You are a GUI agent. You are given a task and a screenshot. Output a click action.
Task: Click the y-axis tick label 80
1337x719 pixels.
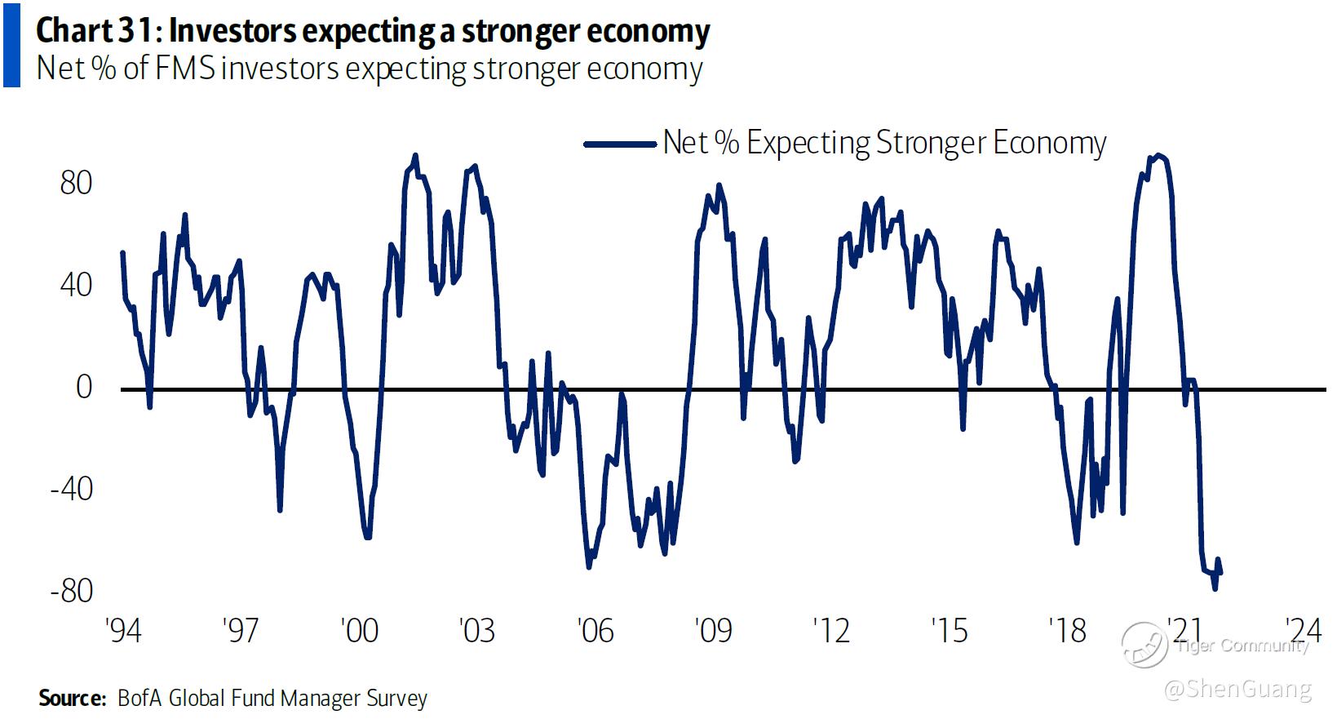point(76,183)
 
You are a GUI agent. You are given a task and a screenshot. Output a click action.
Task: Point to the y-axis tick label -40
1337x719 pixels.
point(71,490)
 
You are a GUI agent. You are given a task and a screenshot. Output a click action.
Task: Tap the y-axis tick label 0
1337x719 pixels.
point(84,387)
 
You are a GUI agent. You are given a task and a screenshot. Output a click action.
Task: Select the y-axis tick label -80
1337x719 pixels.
point(71,591)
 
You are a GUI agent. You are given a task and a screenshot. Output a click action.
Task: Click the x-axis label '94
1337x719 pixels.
point(123,630)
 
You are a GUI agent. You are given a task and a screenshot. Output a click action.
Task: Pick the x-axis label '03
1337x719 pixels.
point(476,630)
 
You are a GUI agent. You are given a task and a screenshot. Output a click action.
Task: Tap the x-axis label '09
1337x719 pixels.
point(713,630)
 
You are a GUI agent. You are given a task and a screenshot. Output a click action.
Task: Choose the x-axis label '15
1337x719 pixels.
point(949,630)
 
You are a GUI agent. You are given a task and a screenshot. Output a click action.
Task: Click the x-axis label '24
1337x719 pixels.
point(1302,630)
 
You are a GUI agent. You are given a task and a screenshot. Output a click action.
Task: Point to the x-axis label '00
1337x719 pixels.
point(358,630)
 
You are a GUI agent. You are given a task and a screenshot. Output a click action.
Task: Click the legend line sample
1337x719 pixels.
point(620,144)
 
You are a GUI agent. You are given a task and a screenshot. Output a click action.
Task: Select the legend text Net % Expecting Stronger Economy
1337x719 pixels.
point(884,143)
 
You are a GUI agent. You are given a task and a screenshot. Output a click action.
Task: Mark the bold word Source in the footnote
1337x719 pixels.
point(72,699)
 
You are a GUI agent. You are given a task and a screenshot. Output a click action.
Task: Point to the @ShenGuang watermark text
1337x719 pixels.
point(1237,690)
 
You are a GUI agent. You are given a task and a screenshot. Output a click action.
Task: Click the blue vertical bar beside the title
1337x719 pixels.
point(11,44)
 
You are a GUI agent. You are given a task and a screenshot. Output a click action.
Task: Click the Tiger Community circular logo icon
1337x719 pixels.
point(1144,645)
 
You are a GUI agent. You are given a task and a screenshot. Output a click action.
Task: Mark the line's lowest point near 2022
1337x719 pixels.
point(1215,588)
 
